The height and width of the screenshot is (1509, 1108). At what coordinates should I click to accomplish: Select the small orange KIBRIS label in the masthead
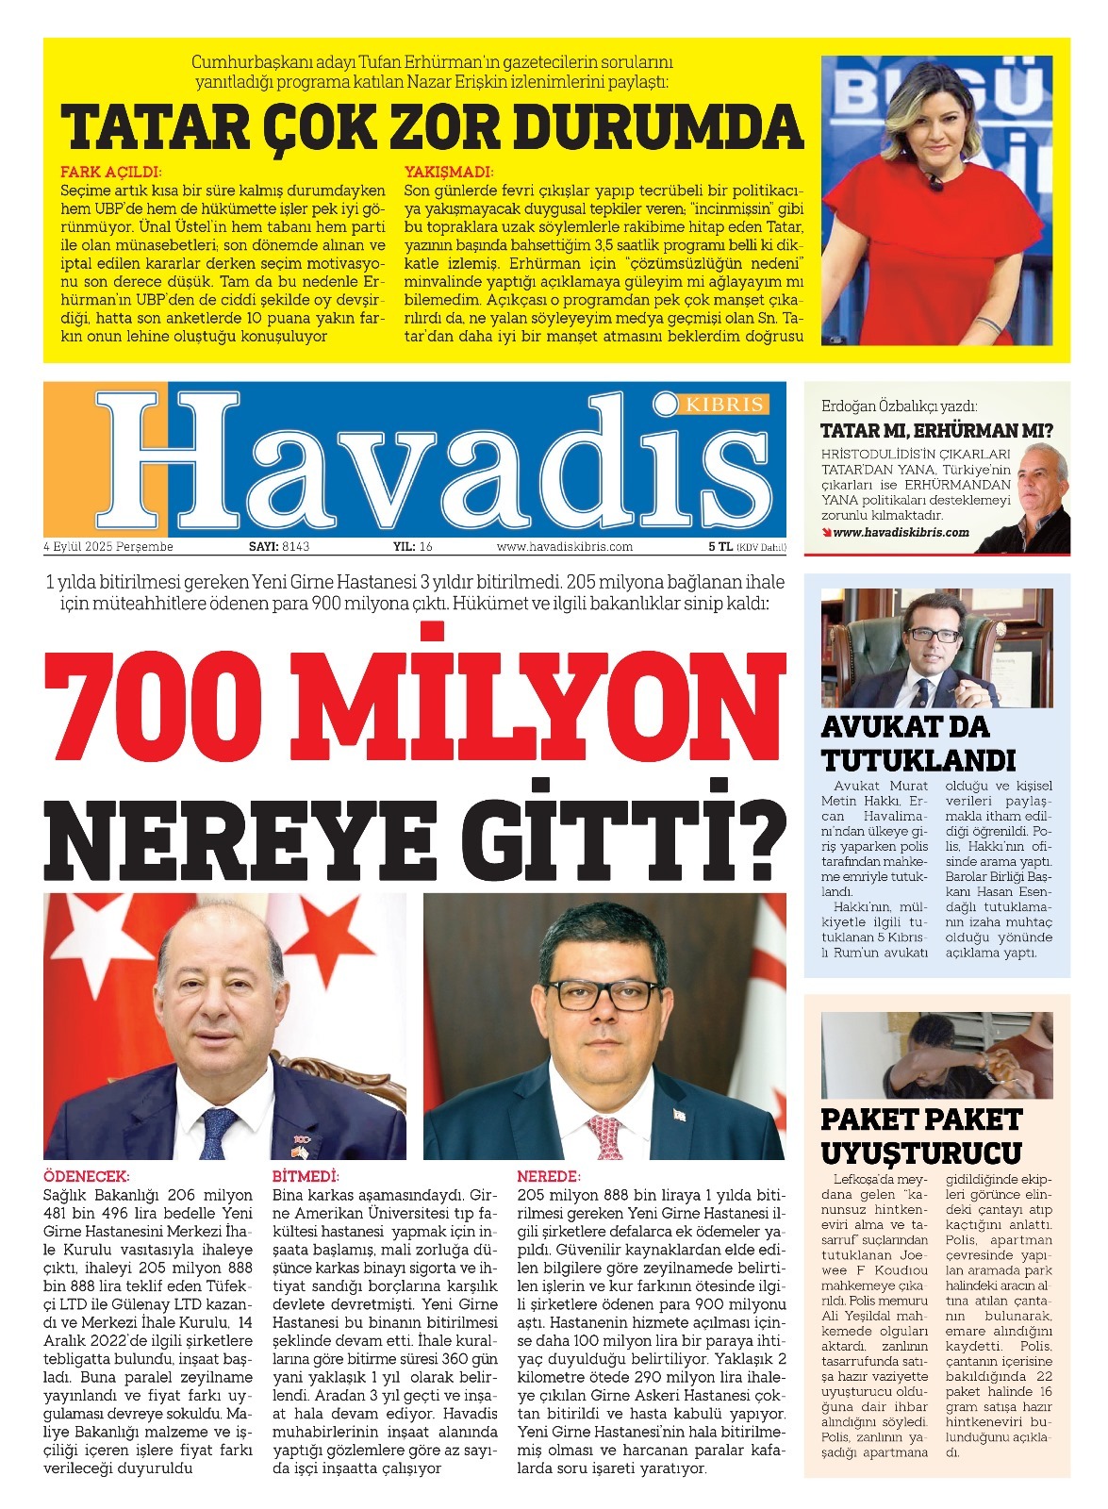pyautogui.click(x=724, y=404)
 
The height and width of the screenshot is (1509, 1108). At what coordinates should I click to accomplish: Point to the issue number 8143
pyautogui.click(x=295, y=547)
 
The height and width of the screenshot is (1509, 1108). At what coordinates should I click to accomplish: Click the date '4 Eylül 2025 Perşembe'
pyautogui.click(x=108, y=547)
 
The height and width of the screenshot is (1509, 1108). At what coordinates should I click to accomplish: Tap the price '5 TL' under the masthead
pyautogui.click(x=720, y=547)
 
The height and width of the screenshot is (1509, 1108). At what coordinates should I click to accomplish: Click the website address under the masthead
pyautogui.click(x=564, y=547)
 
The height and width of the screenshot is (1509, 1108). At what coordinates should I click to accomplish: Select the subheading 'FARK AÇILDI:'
pyautogui.click(x=111, y=173)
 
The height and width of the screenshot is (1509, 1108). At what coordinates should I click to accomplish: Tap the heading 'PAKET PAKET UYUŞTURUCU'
pyautogui.click(x=921, y=1136)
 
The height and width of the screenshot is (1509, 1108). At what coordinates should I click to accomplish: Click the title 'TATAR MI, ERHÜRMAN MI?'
pyautogui.click(x=936, y=431)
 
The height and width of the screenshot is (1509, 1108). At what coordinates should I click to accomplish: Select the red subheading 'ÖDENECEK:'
pyautogui.click(x=86, y=1177)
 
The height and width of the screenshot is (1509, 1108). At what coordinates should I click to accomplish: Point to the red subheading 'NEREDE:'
pyautogui.click(x=548, y=1177)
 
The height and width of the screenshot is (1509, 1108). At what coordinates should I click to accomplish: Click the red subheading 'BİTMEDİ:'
pyautogui.click(x=306, y=1177)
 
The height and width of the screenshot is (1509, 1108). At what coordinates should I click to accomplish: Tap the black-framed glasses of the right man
pyautogui.click(x=604, y=993)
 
